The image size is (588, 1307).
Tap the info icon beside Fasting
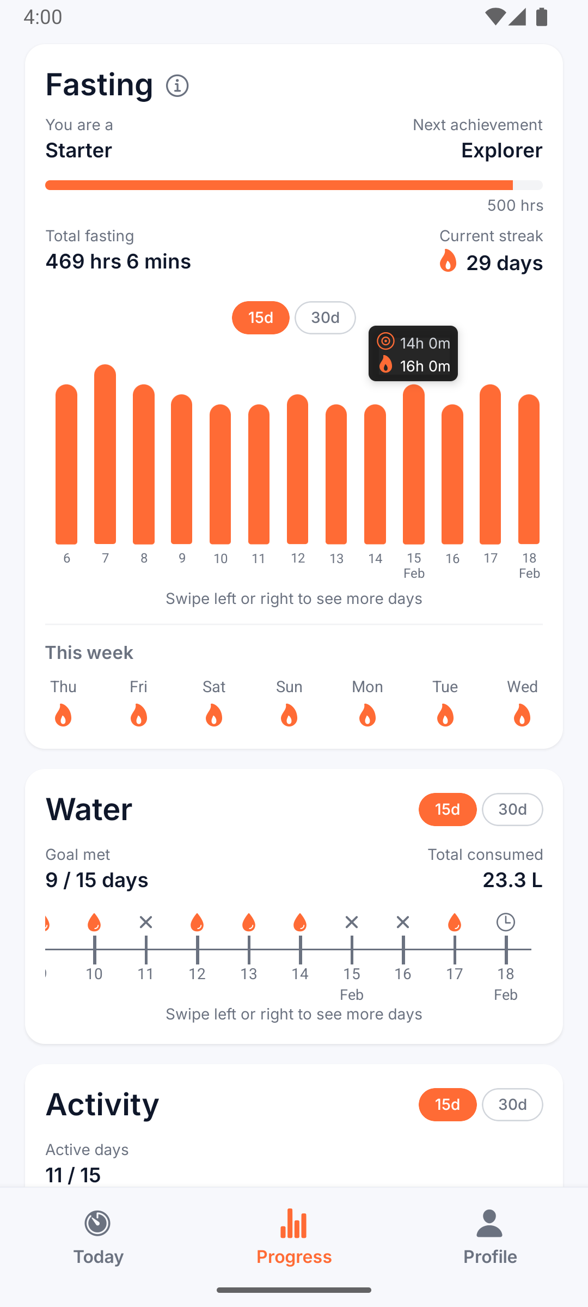click(x=177, y=85)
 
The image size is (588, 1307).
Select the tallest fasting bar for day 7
click(x=105, y=455)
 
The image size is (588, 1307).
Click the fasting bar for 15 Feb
click(x=414, y=465)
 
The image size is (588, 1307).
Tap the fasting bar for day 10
click(x=220, y=474)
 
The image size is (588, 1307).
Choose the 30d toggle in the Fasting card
click(x=325, y=317)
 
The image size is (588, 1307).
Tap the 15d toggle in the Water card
click(x=448, y=809)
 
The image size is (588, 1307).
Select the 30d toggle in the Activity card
click(x=512, y=1104)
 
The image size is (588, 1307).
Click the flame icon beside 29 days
click(x=448, y=261)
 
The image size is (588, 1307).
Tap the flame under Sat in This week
click(x=214, y=715)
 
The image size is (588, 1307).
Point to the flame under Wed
click(x=522, y=715)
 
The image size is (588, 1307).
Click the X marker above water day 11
click(x=146, y=922)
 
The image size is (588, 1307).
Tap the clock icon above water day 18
click(x=506, y=922)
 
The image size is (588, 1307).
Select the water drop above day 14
click(x=300, y=922)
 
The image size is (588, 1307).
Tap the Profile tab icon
click(x=489, y=1224)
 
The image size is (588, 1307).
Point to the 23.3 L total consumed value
click(x=512, y=880)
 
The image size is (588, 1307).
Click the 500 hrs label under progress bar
click(x=515, y=205)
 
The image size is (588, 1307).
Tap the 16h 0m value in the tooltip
click(x=425, y=366)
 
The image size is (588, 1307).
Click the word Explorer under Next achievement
click(x=501, y=150)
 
